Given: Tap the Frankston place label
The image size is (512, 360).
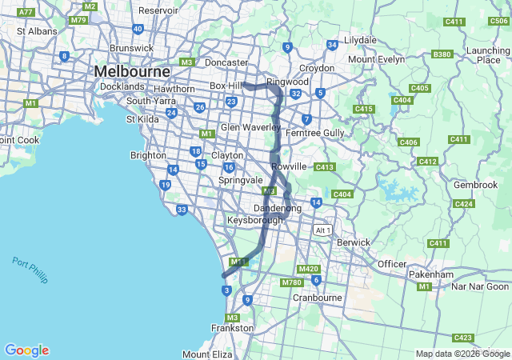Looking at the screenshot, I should [x=232, y=328].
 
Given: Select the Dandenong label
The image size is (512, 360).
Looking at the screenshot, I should [x=278, y=208].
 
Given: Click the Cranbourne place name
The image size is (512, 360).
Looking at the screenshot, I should [x=318, y=298].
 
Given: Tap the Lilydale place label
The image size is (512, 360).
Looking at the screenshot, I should [x=360, y=39].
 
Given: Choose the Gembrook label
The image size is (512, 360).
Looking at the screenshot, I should [x=475, y=185].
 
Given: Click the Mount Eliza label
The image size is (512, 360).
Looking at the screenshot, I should [x=207, y=354].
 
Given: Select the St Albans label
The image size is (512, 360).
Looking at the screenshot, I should [x=37, y=31].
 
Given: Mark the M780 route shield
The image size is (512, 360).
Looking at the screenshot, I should [x=291, y=282].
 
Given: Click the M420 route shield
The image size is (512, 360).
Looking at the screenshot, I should [x=308, y=270].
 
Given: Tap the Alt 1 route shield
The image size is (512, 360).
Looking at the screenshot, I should [x=322, y=230].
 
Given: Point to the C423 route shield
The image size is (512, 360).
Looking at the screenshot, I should [x=462, y=338].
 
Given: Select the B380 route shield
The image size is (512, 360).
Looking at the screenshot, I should [x=441, y=54].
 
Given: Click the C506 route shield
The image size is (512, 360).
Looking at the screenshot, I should [x=498, y=21].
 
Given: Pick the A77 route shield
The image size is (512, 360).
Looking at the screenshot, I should [x=26, y=12].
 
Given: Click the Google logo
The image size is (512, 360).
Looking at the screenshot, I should [x=26, y=350].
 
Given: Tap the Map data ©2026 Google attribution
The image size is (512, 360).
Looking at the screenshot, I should [x=462, y=354].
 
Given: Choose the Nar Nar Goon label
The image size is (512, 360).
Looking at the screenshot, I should [x=480, y=286].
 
